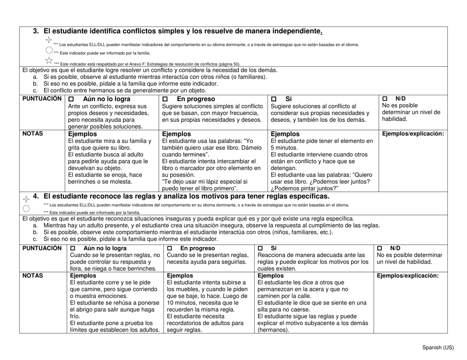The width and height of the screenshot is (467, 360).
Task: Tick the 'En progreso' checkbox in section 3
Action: pos(166,99)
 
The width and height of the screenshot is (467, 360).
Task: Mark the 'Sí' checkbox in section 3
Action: pos(274,99)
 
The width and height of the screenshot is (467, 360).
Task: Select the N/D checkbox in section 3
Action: pos(385,99)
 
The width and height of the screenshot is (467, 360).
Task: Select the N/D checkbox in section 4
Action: pos(379,248)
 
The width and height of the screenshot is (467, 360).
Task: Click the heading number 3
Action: pos(35,31)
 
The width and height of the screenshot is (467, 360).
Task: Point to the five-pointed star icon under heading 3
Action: pos(49,60)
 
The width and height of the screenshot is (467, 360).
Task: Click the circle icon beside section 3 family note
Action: pos(49,50)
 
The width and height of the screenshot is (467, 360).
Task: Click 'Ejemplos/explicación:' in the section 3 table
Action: pos(413,133)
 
